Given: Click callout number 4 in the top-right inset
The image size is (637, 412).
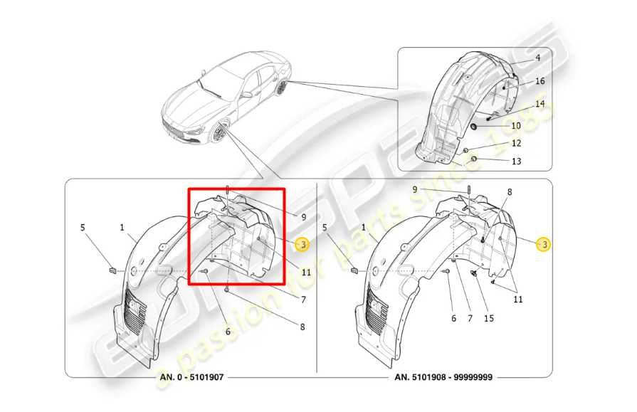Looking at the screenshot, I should pos(537,58).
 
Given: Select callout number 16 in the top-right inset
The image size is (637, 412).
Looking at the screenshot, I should pos(539,81).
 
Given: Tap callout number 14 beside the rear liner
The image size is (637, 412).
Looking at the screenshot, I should pos(539,104).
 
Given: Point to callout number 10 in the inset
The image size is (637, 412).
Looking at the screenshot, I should pos(516,125).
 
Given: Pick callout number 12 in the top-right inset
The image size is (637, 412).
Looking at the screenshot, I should pos(517,143).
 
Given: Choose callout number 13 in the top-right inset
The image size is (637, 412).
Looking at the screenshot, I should pos(516,162).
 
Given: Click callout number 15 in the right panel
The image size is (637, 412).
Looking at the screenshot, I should pos(488,318).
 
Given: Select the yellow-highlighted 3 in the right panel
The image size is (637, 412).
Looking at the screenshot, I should pos(544,245).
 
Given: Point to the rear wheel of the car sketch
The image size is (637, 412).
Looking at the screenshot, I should pos(283,88).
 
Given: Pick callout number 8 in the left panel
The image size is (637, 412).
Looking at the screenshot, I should pos(302,327).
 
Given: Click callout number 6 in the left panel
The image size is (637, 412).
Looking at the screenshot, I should pos(228,332).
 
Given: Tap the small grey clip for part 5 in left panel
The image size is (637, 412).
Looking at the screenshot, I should pos(112,269).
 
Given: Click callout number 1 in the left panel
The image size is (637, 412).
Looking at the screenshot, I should pos(122,228).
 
